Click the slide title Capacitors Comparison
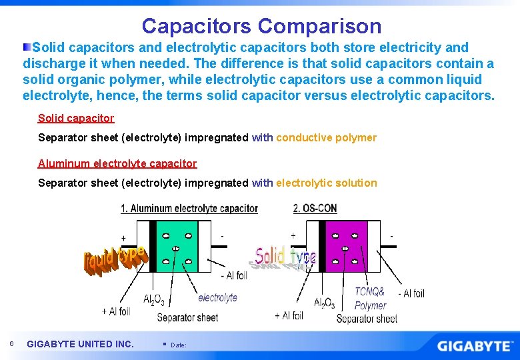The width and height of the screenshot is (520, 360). coord(261,26)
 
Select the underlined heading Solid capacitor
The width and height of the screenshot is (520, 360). coord(76,118)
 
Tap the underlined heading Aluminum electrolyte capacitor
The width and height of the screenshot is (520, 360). coord(117,163)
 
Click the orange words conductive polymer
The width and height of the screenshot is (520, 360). coord(326,138)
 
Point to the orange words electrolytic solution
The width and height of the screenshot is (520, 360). coord(326,183)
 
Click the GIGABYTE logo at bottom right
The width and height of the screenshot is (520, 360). coord(475,346)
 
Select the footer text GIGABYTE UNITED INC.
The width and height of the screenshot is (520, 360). coord(80,344)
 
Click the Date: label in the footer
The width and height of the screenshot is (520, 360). coord(179,345)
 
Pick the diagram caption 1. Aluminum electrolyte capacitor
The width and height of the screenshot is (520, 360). coord(189,209)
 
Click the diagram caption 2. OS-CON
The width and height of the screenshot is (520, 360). coord(315,209)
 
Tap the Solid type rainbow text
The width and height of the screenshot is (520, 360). coord(285,255)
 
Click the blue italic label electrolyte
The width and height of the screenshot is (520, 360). coord(217,298)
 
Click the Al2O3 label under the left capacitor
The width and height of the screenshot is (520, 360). coord(154,299)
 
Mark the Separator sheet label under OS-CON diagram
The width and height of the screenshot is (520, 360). coord(367,319)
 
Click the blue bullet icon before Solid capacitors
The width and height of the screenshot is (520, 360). coord(27,47)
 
